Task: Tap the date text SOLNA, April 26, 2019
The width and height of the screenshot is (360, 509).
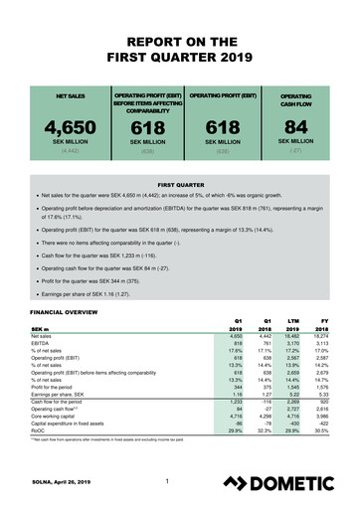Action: tap(60, 484)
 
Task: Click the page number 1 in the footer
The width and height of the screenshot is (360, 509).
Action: tap(171, 482)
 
